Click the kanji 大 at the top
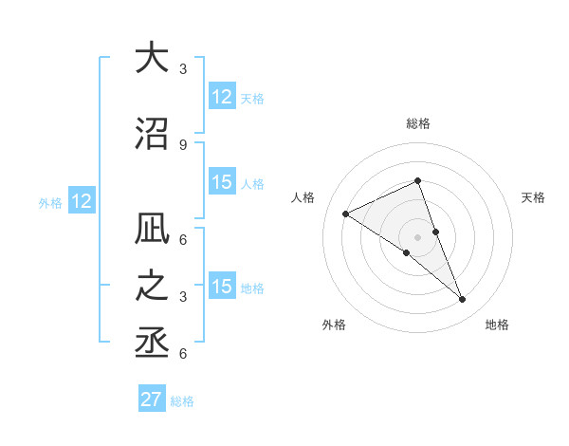(152, 58)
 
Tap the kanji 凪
(152, 233)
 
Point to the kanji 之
(152, 287)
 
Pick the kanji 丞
(152, 339)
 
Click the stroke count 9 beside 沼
(183, 145)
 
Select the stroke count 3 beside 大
(183, 68)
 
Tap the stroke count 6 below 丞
(183, 354)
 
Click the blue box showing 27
(152, 400)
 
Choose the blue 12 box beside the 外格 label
(81, 201)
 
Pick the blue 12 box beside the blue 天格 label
(222, 97)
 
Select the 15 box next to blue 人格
(222, 183)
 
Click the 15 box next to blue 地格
(222, 288)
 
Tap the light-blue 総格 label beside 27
(183, 401)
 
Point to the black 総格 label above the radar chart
(418, 123)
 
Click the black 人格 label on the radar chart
(303, 197)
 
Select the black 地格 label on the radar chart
(497, 325)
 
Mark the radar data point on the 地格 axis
(463, 300)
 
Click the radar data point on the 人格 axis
(346, 214)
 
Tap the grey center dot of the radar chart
(418, 236)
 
